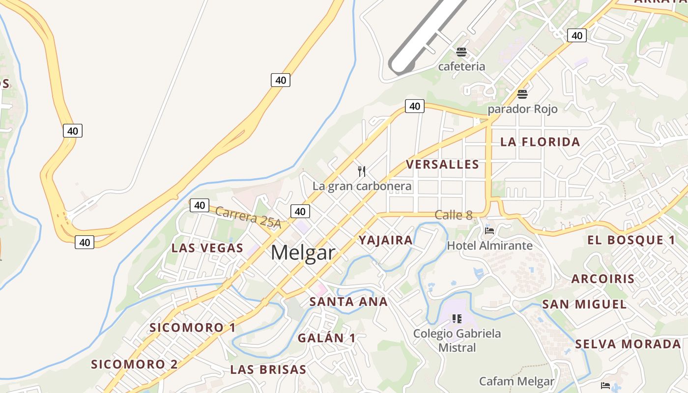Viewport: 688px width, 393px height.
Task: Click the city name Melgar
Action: click(303, 253)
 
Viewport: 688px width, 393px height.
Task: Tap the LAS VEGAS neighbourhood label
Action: click(207, 248)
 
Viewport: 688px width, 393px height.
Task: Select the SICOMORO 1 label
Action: click(193, 328)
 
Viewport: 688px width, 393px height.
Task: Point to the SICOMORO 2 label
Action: click(134, 365)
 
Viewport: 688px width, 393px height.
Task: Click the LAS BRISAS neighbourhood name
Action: click(268, 369)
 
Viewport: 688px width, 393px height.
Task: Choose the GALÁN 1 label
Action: click(326, 338)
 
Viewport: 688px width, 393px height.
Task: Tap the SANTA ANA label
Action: click(348, 302)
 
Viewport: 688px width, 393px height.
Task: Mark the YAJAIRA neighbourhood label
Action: click(386, 240)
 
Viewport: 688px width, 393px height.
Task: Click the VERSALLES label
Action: click(442, 165)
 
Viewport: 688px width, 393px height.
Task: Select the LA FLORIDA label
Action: click(540, 142)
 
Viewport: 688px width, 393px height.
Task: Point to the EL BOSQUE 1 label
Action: click(631, 240)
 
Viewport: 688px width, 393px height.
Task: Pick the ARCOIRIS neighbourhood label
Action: click(603, 279)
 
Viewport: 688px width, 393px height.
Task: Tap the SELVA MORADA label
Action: click(628, 344)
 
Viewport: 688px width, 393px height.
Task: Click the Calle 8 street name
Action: click(454, 215)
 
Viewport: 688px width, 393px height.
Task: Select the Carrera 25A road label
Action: click(248, 218)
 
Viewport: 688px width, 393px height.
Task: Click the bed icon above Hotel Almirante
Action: click(489, 230)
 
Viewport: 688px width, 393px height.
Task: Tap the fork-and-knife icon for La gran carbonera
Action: click(362, 171)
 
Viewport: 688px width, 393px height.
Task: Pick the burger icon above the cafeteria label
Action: click(461, 52)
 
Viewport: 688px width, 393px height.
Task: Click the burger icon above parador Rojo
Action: click(522, 94)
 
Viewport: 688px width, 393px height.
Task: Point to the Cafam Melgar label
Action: click(516, 381)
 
